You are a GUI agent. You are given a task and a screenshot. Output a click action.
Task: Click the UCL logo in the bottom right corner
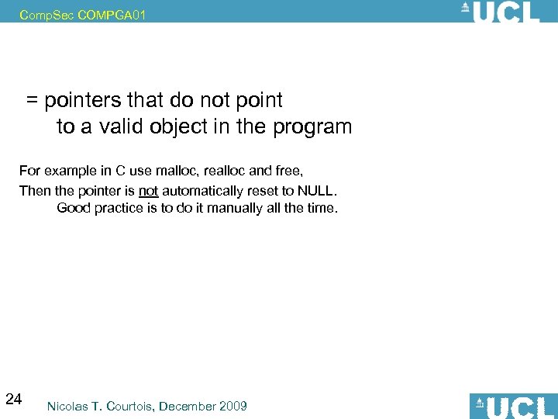tap(512, 406)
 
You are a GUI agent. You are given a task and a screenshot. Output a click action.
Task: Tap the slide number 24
tap(13, 400)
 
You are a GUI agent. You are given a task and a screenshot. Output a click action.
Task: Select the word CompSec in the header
tap(47, 15)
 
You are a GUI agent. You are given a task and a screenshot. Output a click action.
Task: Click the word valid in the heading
tap(120, 126)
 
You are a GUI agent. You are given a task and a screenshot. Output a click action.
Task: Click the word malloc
tap(176, 170)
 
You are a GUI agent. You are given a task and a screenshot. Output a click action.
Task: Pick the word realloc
tap(225, 170)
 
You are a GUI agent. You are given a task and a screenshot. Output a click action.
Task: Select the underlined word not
tap(148, 190)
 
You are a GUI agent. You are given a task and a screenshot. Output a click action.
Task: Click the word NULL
tap(318, 190)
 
